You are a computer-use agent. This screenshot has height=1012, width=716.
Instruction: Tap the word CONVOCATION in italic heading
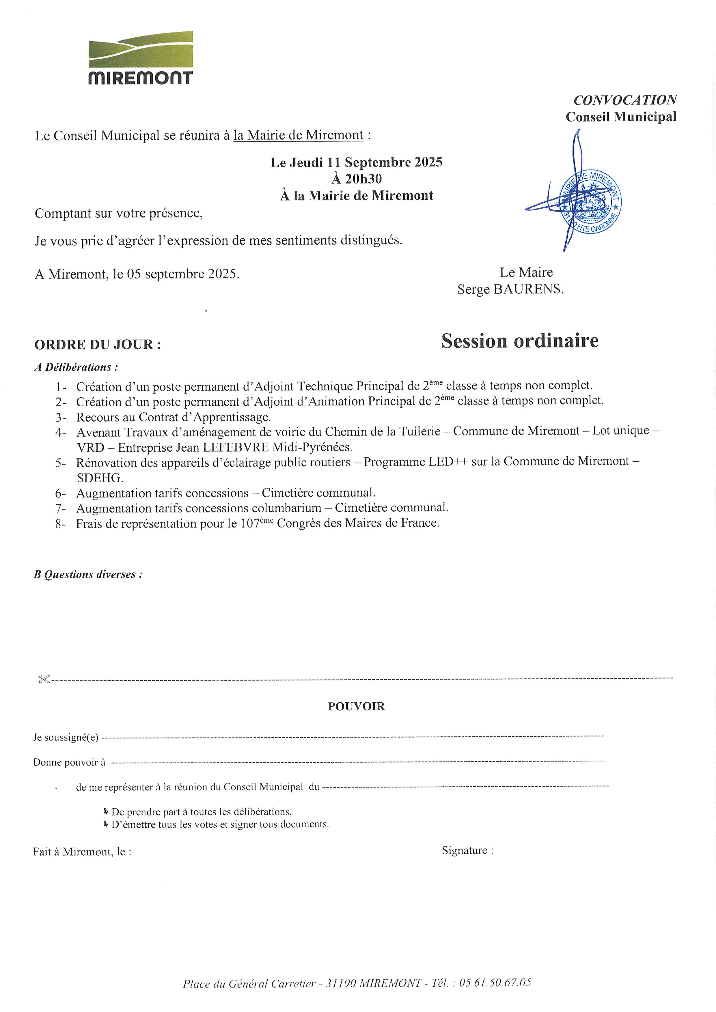[x=625, y=100]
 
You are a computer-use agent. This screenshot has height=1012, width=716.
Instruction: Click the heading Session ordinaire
[x=520, y=341]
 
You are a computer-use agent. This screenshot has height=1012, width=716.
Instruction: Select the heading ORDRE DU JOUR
[x=97, y=345]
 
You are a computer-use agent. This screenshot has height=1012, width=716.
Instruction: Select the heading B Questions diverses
[x=88, y=574]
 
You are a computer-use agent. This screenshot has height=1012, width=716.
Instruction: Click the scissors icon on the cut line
[x=44, y=679]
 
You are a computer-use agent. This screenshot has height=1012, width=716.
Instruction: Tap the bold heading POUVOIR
[x=356, y=706]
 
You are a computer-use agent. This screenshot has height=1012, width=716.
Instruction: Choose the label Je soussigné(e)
[x=66, y=737]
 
